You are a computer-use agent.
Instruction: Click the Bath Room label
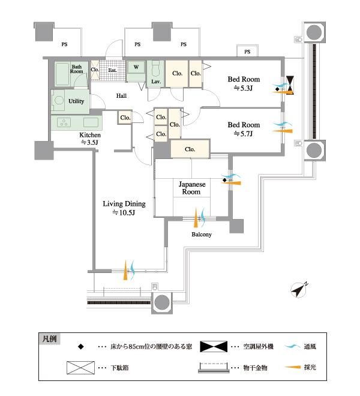tap(77, 68)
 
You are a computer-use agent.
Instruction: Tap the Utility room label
tap(76, 101)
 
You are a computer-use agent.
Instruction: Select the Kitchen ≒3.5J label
tap(90, 139)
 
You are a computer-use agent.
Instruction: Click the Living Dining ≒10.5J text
tap(123, 208)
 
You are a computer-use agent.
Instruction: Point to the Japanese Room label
tap(191, 188)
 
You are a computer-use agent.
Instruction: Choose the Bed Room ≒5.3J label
tap(242, 83)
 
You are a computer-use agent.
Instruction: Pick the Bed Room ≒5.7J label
tap(243, 129)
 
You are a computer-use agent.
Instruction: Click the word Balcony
tap(201, 235)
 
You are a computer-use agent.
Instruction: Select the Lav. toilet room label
tap(154, 80)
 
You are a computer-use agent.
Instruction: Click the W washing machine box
tap(136, 67)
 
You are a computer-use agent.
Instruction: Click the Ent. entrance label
tap(112, 70)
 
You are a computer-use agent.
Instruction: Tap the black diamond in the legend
tap(80, 347)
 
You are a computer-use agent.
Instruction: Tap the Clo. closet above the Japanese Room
tap(190, 149)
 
